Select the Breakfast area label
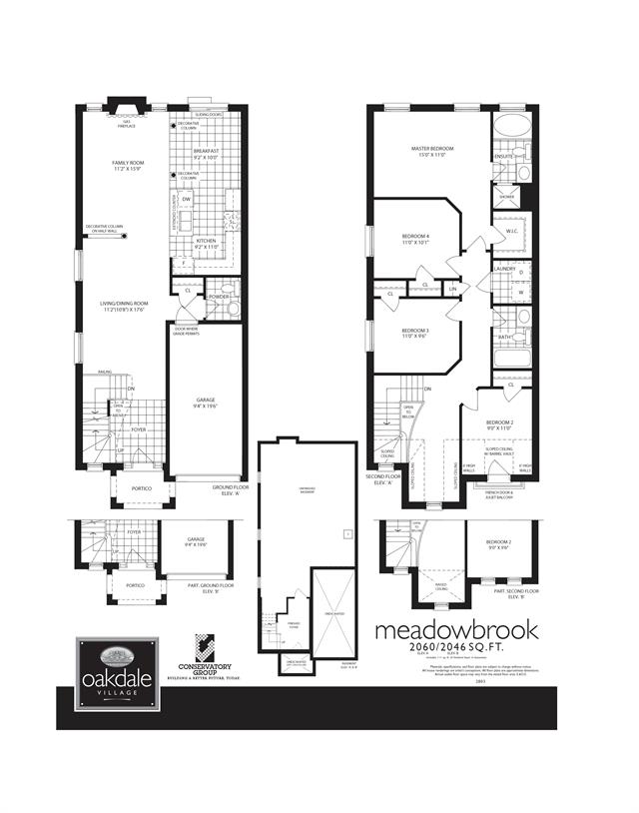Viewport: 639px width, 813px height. pos(207,153)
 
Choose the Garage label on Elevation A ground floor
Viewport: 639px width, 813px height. pos(205,403)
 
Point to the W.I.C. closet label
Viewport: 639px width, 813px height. pos(511,231)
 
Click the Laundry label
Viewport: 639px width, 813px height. pos(504,268)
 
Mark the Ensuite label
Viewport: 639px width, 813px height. pos(503,157)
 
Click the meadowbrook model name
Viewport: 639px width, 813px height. pos(455,630)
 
